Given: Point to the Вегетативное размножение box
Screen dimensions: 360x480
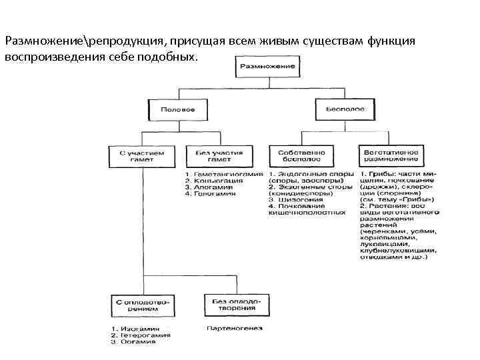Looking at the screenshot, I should [x=391, y=157].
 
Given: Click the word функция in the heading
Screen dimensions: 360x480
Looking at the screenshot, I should [x=392, y=41].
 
